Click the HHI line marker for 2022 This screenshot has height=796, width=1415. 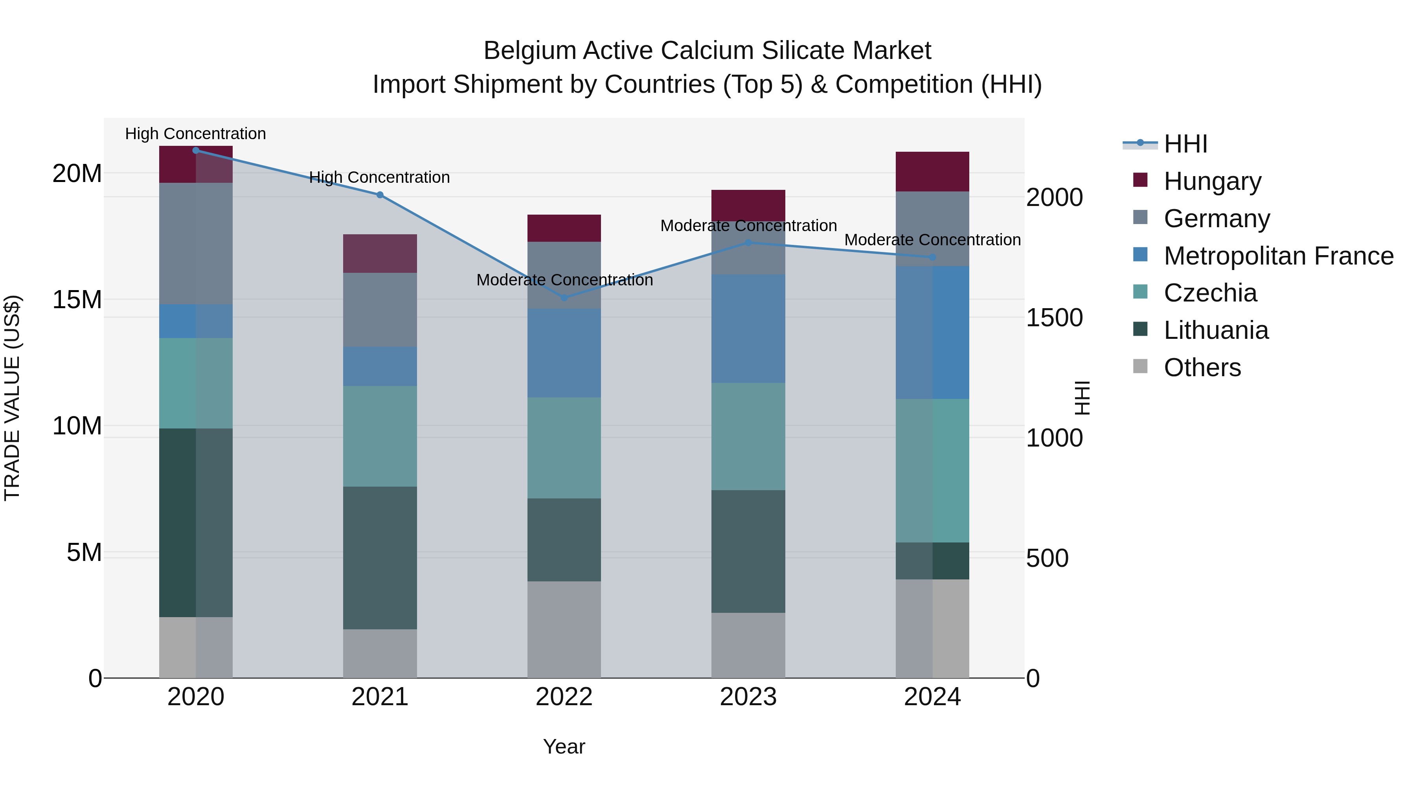(564, 298)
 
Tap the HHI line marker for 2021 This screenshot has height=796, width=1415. (380, 195)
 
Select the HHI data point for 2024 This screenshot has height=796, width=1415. (932, 257)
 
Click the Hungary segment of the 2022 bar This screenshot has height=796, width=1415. (564, 228)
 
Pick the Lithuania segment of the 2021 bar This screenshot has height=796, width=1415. (380, 557)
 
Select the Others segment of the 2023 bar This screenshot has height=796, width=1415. (748, 645)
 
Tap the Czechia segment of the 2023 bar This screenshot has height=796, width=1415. (748, 436)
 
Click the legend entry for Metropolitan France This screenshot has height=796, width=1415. (1278, 256)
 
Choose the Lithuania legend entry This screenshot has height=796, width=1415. (1216, 331)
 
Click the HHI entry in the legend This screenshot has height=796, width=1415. (1185, 144)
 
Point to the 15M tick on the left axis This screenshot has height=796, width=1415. (77, 300)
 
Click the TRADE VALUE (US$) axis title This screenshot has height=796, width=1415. (13, 398)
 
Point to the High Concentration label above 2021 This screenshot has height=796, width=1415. (380, 177)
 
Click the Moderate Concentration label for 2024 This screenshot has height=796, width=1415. (932, 240)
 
